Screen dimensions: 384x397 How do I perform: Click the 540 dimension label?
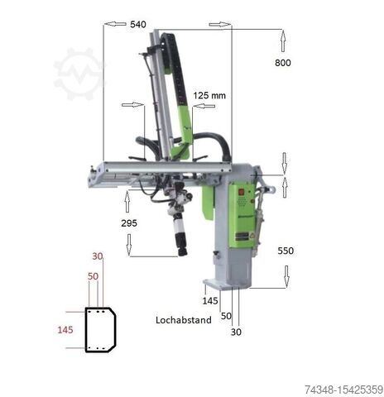pyautogui.click(x=138, y=25)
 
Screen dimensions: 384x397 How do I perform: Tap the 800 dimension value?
pyautogui.click(x=283, y=63)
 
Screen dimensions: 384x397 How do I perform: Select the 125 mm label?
pyautogui.click(x=209, y=96)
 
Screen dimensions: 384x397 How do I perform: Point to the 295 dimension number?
pyautogui.click(x=129, y=223)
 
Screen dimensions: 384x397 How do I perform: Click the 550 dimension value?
pyautogui.click(x=286, y=251)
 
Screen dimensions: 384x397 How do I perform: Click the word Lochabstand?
pyautogui.click(x=184, y=320)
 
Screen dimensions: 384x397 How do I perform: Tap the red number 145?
pyautogui.click(x=65, y=330)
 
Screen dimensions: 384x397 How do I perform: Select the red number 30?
pyautogui.click(x=98, y=256)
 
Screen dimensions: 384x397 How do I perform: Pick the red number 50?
pyautogui.click(x=93, y=276)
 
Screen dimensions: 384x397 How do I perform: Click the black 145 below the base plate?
pyautogui.click(x=210, y=301)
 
